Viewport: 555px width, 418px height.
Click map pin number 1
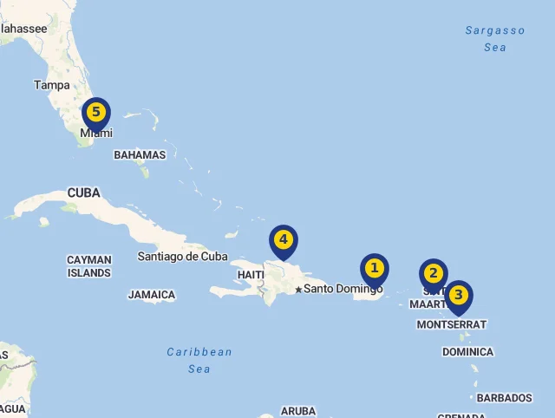[x=375, y=269]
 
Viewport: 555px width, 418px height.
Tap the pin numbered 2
[x=433, y=274]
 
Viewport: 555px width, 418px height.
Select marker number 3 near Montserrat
[x=458, y=296]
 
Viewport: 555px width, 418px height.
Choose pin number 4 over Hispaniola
[x=283, y=240]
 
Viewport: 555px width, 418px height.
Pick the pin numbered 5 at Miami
[x=95, y=113]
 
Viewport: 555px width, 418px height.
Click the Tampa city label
[x=51, y=85]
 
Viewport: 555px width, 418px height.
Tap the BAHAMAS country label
[x=140, y=155]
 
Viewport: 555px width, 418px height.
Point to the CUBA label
[x=83, y=193]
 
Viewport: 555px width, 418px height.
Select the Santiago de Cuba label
[x=182, y=257]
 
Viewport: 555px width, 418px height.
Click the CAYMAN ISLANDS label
[x=89, y=266]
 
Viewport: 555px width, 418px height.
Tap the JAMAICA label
[x=152, y=295]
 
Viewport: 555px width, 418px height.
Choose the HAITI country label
[x=251, y=275]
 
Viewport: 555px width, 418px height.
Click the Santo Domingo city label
[x=343, y=289]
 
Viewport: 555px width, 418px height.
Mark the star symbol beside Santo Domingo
[x=298, y=289]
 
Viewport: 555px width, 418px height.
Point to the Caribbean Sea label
[x=199, y=360]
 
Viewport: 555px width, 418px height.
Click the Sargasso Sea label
[x=495, y=39]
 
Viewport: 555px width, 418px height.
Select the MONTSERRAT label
[x=452, y=324]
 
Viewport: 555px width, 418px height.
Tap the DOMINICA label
[x=467, y=352]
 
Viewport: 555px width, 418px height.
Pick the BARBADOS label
[x=504, y=398]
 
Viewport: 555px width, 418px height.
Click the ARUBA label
[x=298, y=411]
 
